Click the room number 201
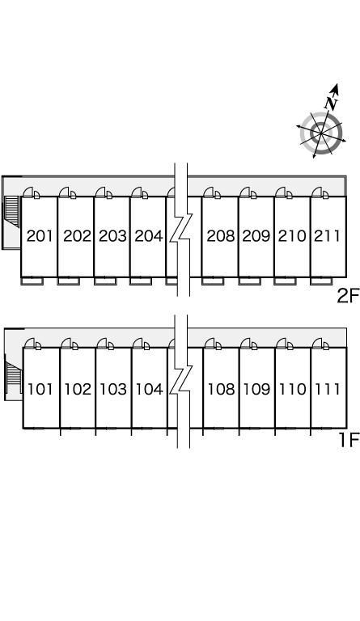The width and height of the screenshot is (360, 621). pyautogui.click(x=40, y=236)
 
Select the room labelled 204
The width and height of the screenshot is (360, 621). pyautogui.click(x=149, y=236)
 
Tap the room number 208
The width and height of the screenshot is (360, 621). pyautogui.click(x=221, y=236)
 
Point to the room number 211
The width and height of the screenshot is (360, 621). pyautogui.click(x=327, y=236)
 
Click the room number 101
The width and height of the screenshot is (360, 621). pyautogui.click(x=40, y=389)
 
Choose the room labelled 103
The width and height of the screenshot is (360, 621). pyautogui.click(x=113, y=389)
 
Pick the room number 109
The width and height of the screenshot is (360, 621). pyautogui.click(x=256, y=389)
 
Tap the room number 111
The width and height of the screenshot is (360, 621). pyautogui.click(x=328, y=389)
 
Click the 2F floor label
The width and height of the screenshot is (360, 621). pyautogui.click(x=348, y=295)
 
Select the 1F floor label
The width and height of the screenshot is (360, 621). pyautogui.click(x=349, y=440)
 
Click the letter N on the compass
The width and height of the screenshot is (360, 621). pyautogui.click(x=331, y=103)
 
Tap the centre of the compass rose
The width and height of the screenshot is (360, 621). pyautogui.click(x=321, y=133)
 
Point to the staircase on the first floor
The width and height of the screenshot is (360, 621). pyautogui.click(x=13, y=379)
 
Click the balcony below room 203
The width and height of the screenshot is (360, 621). pyautogui.click(x=105, y=281)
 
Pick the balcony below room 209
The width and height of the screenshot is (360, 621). pyautogui.click(x=249, y=281)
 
